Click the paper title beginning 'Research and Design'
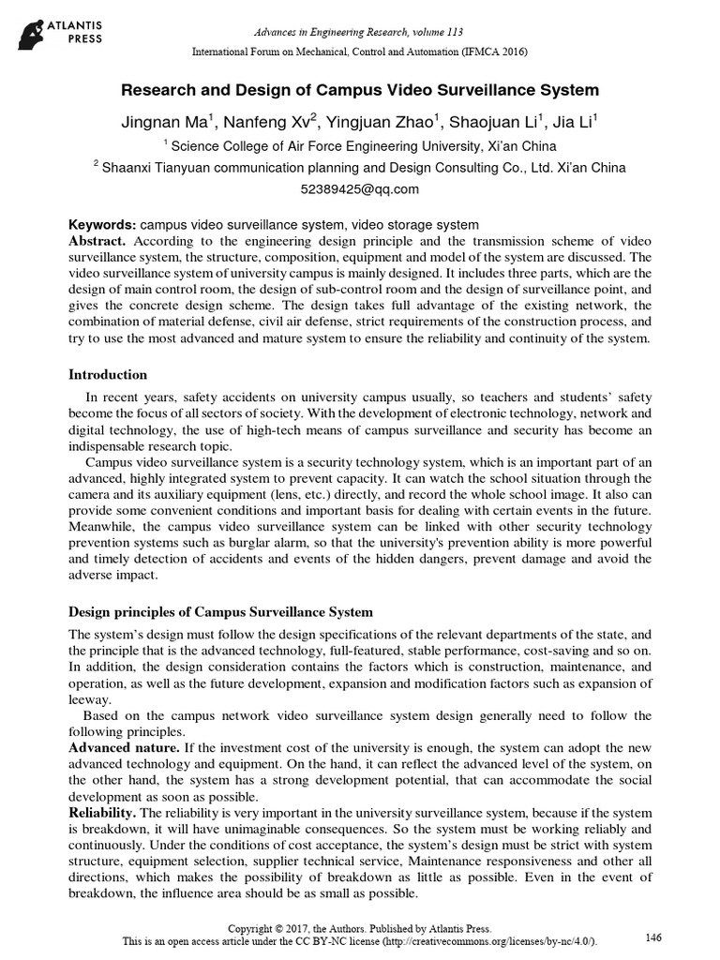coord(360,91)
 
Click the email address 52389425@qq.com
coord(360,188)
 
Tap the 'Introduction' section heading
coord(108,375)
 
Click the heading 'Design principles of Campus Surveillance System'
coord(221,612)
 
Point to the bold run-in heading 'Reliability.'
coord(103,812)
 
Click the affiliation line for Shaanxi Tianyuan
coord(360,167)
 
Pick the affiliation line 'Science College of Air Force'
coord(360,145)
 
